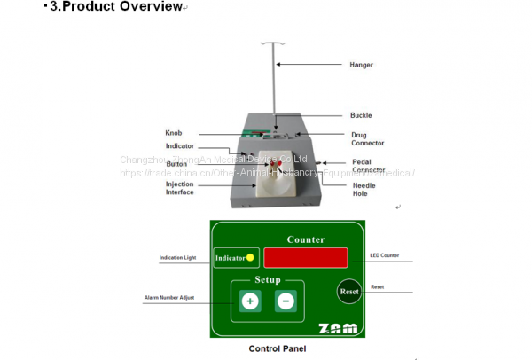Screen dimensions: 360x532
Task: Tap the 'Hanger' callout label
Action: (x=361, y=65)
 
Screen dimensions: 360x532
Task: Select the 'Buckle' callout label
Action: (x=361, y=115)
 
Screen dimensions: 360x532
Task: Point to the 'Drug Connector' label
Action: (x=366, y=138)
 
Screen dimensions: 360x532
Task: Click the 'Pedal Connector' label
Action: (x=368, y=166)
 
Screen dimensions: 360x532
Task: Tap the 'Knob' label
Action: (x=173, y=133)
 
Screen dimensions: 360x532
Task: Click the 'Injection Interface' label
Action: (x=180, y=189)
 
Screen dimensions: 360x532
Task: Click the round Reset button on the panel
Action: (x=348, y=291)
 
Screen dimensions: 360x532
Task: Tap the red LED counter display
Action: (x=305, y=258)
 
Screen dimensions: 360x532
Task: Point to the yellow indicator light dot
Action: (x=251, y=258)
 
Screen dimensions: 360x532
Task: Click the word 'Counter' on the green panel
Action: (x=305, y=239)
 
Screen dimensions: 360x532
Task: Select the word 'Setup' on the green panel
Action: (x=268, y=280)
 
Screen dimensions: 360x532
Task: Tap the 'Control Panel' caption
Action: (x=278, y=348)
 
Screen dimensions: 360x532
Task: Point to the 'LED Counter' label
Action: (x=385, y=256)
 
